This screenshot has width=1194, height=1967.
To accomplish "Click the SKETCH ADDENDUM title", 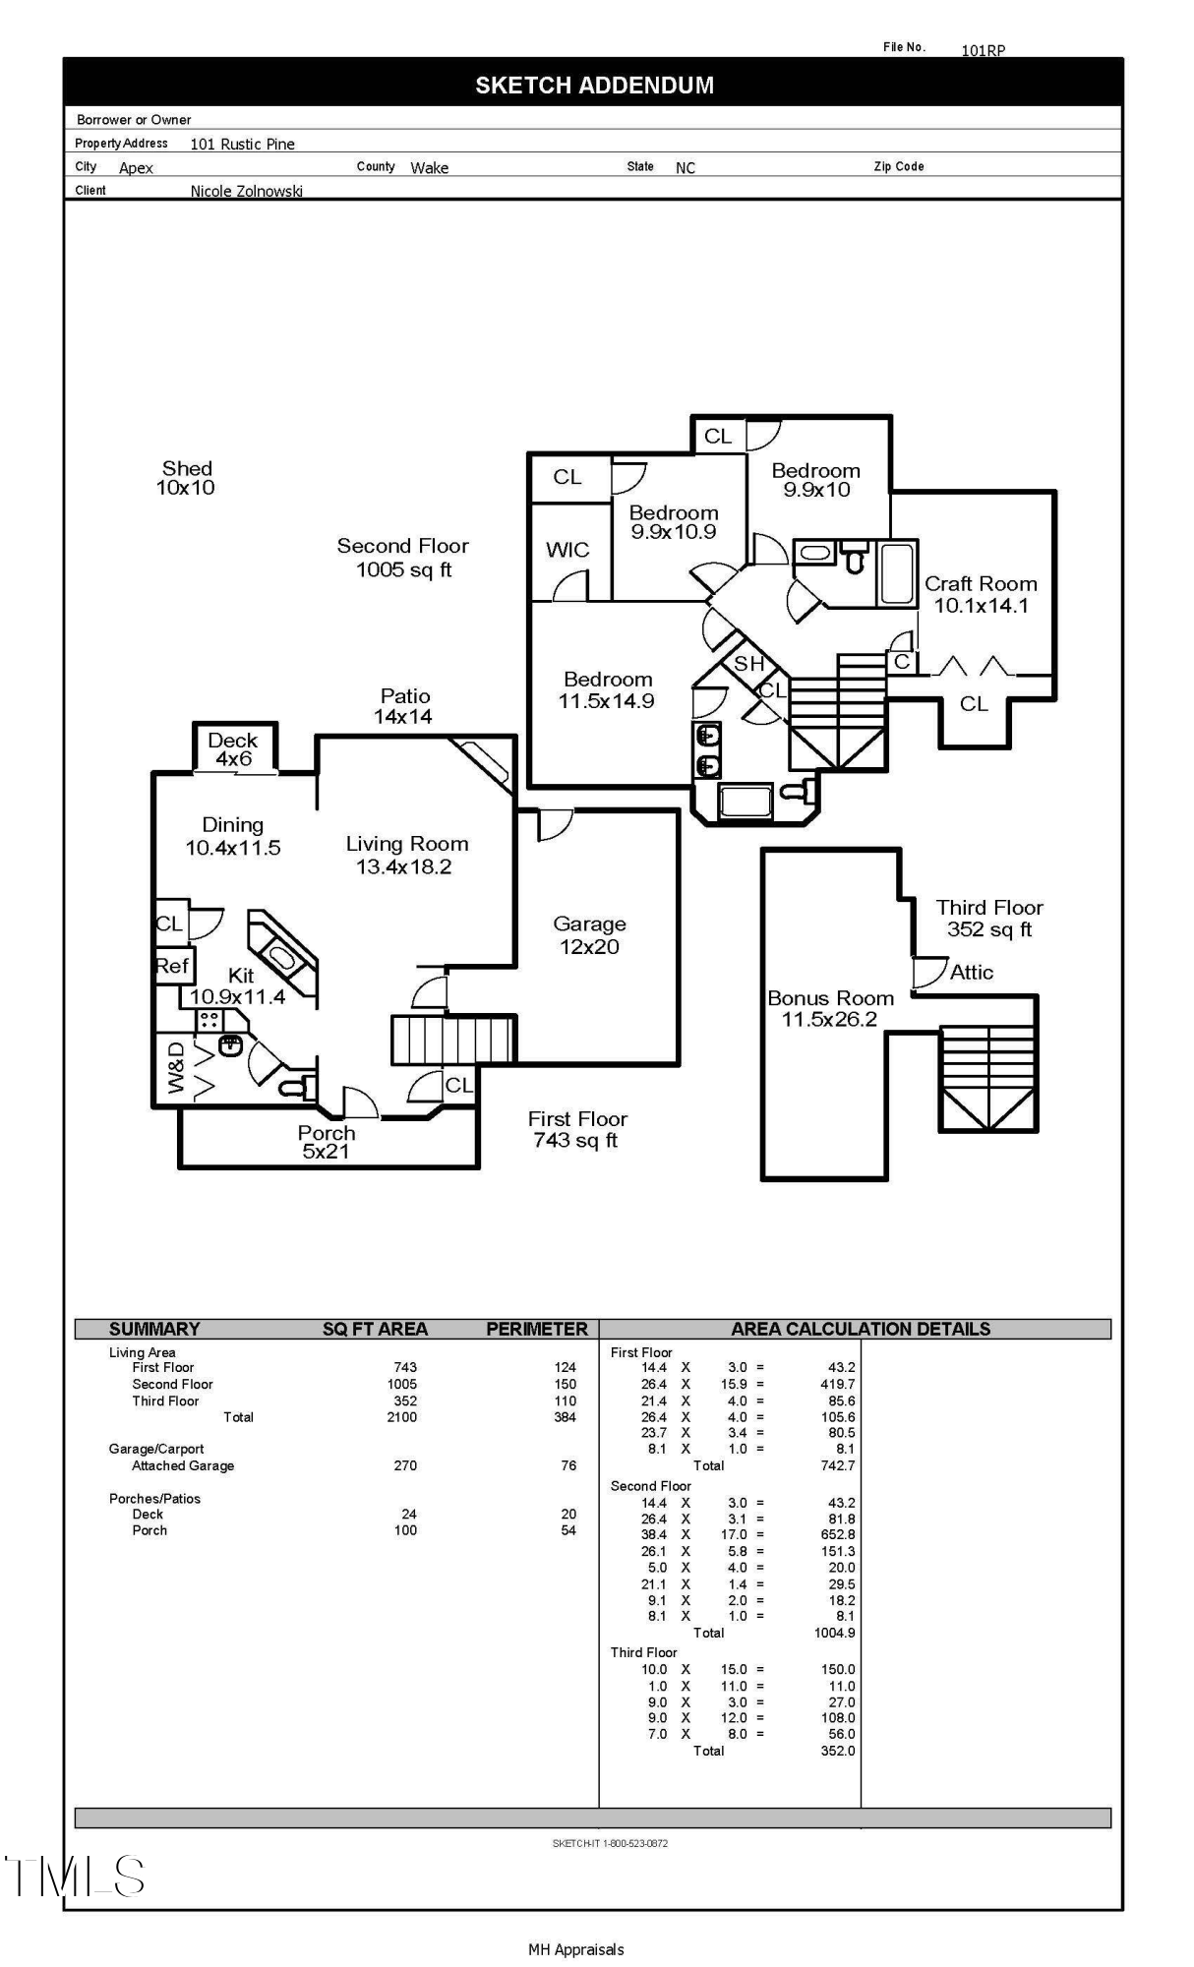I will (x=594, y=86).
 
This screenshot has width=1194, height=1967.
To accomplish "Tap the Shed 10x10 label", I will (x=186, y=478).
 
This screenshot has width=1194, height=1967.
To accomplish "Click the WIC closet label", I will (x=567, y=550).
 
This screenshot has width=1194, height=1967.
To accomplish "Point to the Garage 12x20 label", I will (x=589, y=935).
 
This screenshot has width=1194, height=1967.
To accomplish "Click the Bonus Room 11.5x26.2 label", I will (x=830, y=1009).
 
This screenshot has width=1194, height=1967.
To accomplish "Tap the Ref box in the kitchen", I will (x=172, y=966).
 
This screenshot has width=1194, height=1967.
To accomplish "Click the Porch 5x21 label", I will (x=327, y=1142).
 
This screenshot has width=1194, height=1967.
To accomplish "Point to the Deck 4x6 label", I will (x=233, y=749).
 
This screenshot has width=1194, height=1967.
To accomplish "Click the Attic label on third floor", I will (x=971, y=972).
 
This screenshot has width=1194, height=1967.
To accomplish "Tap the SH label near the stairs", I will (x=748, y=664).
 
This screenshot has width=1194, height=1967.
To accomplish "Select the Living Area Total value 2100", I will (x=401, y=1417).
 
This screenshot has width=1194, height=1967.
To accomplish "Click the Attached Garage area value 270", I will (x=405, y=1465).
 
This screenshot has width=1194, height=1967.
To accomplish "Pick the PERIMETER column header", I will (x=537, y=1329).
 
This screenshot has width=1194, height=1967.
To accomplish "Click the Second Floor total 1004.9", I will (x=834, y=1633).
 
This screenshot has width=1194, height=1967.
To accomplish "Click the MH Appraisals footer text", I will (x=576, y=1949).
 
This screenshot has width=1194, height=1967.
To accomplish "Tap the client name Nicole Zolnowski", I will (x=246, y=191).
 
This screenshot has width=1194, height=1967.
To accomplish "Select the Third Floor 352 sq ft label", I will (x=988, y=919).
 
